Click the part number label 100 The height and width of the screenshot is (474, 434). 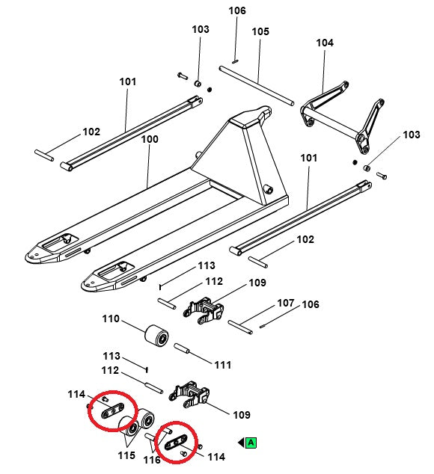point(150,139)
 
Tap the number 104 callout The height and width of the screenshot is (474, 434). point(324,43)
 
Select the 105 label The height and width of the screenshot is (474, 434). point(260,31)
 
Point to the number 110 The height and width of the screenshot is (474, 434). point(111,318)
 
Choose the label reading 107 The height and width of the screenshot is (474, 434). point(286,304)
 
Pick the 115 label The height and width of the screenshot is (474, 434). point(125,455)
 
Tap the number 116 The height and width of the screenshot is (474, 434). point(152,460)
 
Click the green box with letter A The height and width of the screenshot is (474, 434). point(251,443)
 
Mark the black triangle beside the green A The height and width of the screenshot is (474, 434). point(241,443)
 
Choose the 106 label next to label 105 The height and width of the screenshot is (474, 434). point(236,10)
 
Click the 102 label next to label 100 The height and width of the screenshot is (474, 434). point(91,132)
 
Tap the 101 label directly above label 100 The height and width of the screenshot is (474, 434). point(127,81)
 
